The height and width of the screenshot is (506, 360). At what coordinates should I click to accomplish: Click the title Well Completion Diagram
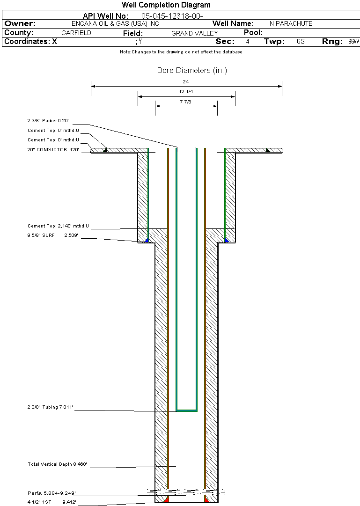point(166,5)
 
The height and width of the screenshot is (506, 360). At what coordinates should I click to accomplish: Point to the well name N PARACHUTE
point(291,23)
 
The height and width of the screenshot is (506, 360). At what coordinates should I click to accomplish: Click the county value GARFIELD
point(76,33)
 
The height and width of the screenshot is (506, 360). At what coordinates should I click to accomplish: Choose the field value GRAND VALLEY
point(194,33)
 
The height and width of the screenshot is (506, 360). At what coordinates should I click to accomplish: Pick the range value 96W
point(353,42)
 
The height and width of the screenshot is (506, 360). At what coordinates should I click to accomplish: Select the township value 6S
point(301,42)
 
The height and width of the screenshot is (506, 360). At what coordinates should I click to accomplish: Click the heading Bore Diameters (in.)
point(192,71)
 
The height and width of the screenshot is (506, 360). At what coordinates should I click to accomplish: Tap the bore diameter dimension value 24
point(186,81)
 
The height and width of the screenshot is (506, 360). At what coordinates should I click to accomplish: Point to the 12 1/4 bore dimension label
point(186,92)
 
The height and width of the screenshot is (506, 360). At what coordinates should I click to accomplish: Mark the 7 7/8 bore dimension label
point(186,102)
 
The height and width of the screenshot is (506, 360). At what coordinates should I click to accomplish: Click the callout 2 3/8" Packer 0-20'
point(48,120)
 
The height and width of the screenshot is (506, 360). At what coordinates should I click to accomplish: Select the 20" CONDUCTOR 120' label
point(53,150)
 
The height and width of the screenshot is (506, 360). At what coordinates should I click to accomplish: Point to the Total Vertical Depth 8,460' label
point(58,464)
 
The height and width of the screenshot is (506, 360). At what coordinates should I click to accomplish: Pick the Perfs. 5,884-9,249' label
point(51,493)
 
